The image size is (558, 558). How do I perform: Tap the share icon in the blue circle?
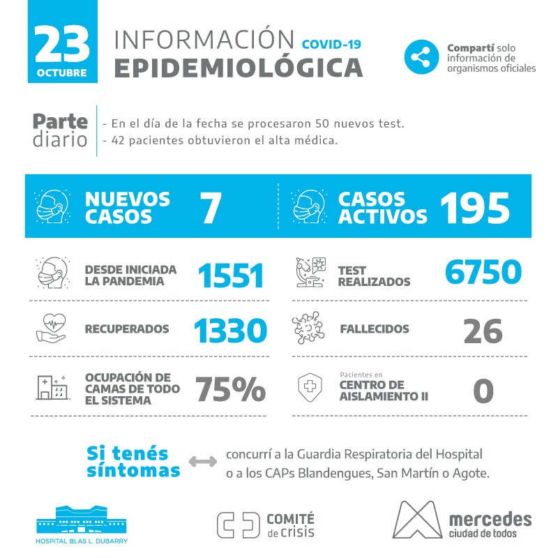pos(421,57)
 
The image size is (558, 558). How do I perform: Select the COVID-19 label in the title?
pos(331,44)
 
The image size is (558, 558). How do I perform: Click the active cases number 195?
pos(476,207)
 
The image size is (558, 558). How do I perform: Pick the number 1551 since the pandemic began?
pos(231,276)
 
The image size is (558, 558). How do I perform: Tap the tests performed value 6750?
pos(483,273)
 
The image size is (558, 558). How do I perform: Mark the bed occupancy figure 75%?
pos(230,389)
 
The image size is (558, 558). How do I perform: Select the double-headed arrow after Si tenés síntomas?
pos(203,462)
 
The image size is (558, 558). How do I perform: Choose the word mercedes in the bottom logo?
pos(490,519)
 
